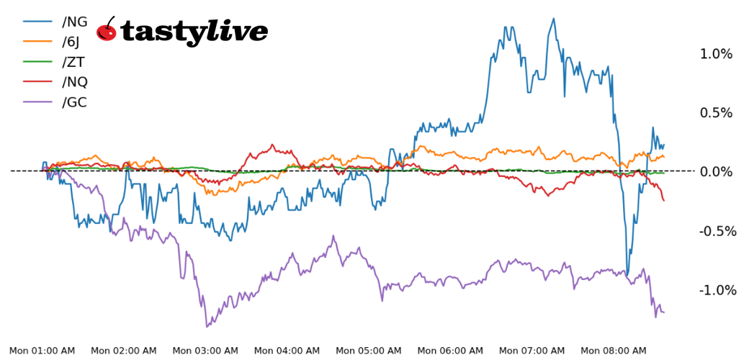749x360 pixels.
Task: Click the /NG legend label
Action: [75, 22]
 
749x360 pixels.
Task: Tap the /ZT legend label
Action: [73, 63]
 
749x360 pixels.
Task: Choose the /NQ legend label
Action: [75, 82]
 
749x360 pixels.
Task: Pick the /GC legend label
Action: [75, 102]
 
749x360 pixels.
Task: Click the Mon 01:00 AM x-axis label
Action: [42, 351]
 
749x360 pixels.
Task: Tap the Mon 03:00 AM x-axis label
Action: [205, 351]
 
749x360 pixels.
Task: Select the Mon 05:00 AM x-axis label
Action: [369, 351]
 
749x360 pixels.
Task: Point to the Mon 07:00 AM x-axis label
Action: [532, 351]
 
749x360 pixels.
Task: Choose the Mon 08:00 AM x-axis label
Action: [614, 351]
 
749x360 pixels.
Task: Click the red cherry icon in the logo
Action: [107, 30]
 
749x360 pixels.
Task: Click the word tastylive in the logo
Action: [194, 32]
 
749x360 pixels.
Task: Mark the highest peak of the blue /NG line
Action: [553, 19]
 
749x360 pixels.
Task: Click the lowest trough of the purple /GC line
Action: [207, 326]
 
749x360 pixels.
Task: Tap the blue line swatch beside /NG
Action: [37, 22]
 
